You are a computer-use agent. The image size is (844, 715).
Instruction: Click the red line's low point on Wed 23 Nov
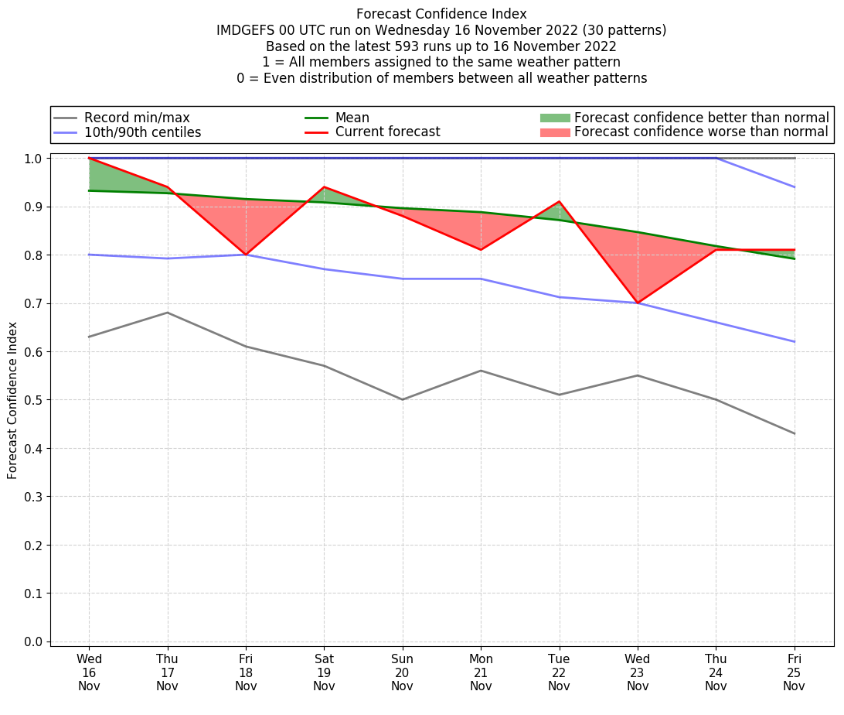(x=638, y=303)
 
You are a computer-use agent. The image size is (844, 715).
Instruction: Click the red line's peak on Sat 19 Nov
(x=324, y=187)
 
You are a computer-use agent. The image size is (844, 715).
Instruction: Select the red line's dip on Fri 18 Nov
(x=246, y=255)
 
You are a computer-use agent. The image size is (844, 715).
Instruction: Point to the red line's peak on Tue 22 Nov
(x=559, y=201)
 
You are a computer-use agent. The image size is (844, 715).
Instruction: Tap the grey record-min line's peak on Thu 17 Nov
(x=167, y=313)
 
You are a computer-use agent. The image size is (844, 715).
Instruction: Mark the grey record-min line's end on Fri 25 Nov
(x=795, y=433)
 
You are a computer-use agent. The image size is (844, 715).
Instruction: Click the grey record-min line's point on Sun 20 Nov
(x=402, y=399)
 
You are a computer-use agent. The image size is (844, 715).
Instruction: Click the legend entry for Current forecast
(x=387, y=132)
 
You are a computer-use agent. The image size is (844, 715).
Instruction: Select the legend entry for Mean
(x=352, y=118)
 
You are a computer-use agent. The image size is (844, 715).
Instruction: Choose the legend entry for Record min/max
(x=136, y=118)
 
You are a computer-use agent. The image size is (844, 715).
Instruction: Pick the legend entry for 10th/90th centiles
(x=142, y=132)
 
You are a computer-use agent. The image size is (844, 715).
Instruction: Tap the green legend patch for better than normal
(x=554, y=118)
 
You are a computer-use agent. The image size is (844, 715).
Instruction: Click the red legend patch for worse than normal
(x=554, y=132)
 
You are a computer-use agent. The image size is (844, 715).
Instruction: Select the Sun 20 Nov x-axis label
(x=402, y=672)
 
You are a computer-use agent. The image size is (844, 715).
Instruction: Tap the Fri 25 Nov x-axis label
(x=794, y=672)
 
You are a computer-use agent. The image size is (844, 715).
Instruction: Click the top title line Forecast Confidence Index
(x=441, y=14)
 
